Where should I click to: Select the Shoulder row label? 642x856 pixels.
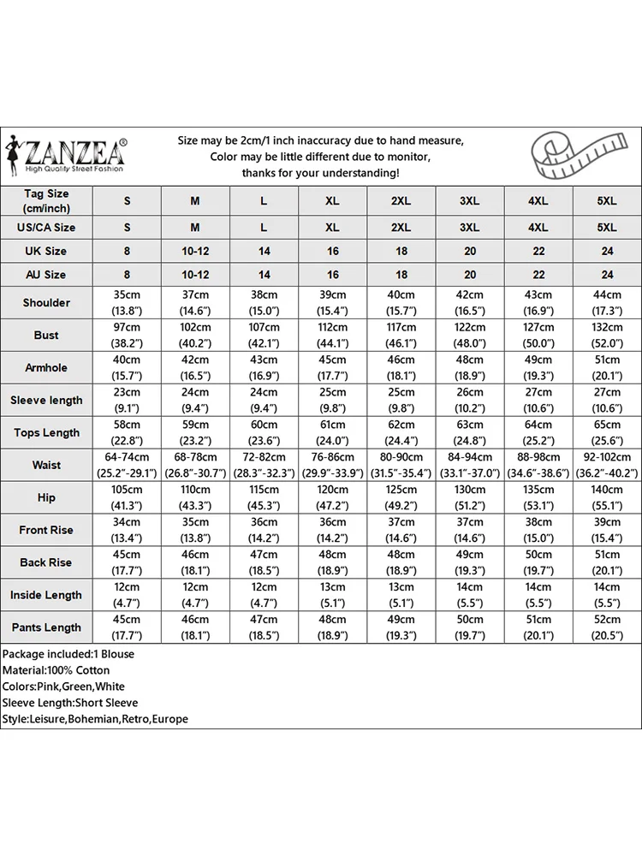coord(46,303)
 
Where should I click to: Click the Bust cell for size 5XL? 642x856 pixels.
coord(606,335)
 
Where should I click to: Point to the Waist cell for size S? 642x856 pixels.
coord(127,465)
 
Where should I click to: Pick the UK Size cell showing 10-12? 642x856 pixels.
coord(195,251)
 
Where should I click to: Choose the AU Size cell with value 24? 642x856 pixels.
coord(606,275)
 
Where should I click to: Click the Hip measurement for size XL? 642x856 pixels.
coord(332,497)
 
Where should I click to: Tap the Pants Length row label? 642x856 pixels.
coord(46,627)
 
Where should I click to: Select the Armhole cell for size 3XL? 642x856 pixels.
coord(469,367)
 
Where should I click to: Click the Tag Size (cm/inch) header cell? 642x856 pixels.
coord(46,201)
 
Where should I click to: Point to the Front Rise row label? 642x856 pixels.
coord(46,530)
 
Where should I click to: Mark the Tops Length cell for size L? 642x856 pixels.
coord(264,432)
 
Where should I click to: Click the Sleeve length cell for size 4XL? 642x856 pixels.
coord(538,400)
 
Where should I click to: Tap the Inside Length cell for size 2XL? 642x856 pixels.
coord(401,595)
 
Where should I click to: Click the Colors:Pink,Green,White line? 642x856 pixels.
coord(63,687)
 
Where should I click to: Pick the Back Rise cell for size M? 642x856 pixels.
coord(195,562)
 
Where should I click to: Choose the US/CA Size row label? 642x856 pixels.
coord(46,228)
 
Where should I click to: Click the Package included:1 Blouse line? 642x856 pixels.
coord(68,654)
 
